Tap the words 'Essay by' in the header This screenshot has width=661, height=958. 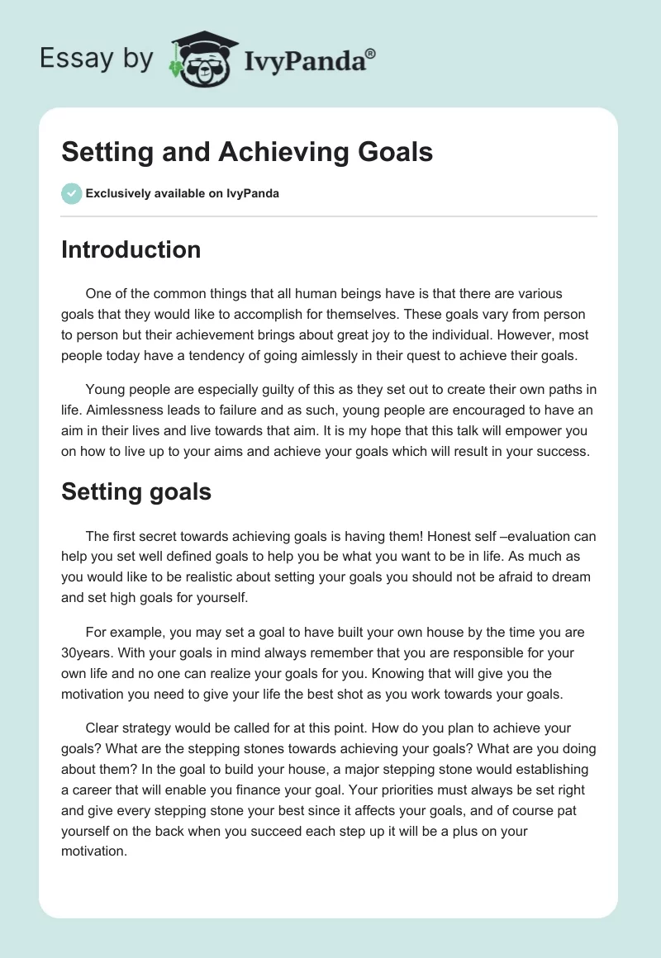[96, 59]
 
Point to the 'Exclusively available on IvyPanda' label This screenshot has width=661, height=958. [182, 194]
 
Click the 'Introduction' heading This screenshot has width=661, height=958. [131, 249]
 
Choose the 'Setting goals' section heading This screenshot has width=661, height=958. [136, 492]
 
